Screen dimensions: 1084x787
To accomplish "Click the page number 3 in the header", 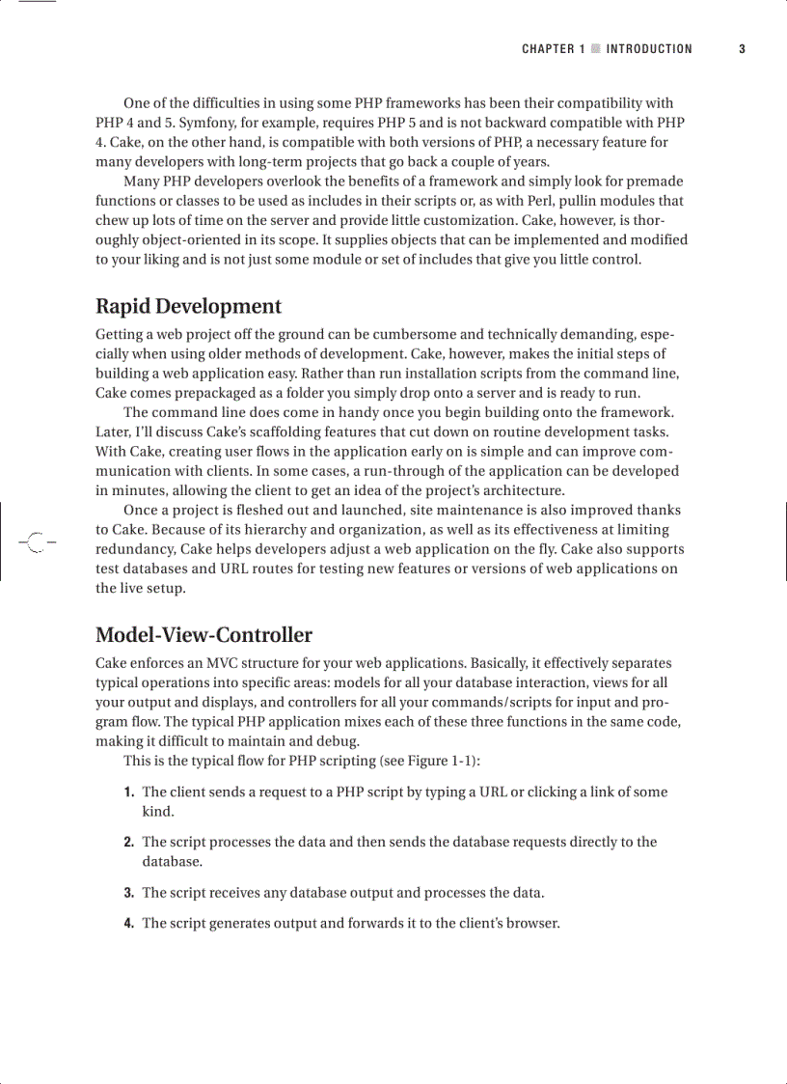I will tap(742, 49).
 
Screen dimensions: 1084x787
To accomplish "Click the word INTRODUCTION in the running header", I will tap(649, 49).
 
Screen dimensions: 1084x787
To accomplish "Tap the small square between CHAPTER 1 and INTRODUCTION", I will tap(596, 49).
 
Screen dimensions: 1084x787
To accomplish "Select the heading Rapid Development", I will tap(188, 306).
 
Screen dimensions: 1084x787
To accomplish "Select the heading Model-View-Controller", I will tap(204, 635).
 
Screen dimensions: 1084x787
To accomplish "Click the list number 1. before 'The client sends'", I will tap(128, 792).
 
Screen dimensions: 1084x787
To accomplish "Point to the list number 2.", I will tap(128, 843).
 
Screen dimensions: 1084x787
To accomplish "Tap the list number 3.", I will tap(128, 893).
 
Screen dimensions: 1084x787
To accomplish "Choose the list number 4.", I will tap(128, 924).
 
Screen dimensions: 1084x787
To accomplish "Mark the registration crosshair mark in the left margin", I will tap(36, 542).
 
